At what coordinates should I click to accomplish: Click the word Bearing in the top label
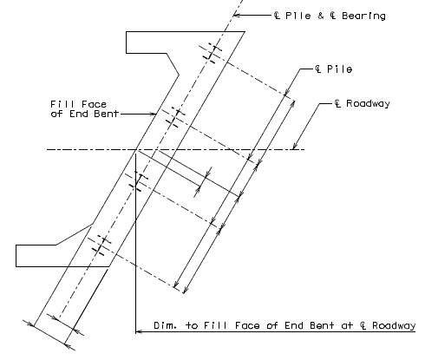click(363, 16)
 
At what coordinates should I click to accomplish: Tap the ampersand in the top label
click(320, 16)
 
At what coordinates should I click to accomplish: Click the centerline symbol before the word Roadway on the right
click(337, 103)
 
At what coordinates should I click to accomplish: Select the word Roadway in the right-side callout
click(368, 103)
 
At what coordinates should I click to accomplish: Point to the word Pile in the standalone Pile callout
click(339, 69)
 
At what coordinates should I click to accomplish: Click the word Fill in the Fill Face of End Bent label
click(60, 104)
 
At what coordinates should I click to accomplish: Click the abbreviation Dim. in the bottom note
click(165, 325)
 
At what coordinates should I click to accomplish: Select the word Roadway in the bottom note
click(394, 325)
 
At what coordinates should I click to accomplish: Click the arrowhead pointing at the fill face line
click(154, 114)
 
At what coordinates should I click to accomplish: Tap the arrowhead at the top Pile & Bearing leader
click(237, 15)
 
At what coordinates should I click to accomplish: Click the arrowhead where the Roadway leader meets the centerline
click(295, 146)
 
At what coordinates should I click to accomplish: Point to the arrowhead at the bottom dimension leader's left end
click(139, 331)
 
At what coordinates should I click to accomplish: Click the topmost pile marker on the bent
click(211, 54)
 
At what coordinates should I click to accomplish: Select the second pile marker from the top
click(174, 117)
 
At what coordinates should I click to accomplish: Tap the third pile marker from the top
click(137, 181)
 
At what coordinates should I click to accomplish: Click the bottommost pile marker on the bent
click(100, 245)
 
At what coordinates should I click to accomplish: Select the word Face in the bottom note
click(247, 325)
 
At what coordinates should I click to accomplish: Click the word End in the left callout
click(79, 114)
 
